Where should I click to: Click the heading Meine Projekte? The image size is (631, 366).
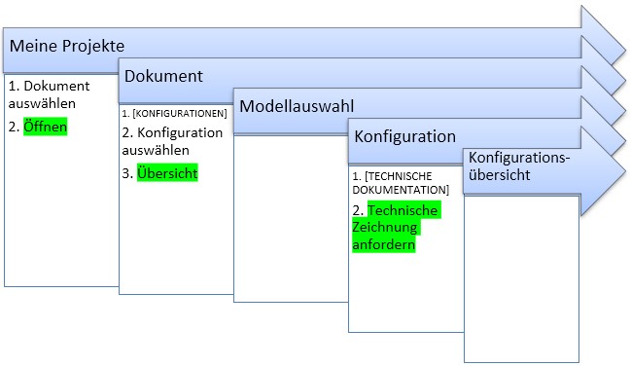click(x=67, y=46)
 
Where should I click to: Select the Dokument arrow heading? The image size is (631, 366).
click(x=163, y=76)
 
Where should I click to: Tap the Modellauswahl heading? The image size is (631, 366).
click(x=297, y=106)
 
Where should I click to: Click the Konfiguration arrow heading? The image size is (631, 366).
click(x=404, y=137)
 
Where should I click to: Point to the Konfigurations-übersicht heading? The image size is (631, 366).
click(x=519, y=166)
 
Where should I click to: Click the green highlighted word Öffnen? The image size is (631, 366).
click(x=45, y=127)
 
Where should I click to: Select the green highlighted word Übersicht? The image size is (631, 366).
click(x=167, y=173)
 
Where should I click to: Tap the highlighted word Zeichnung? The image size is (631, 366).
click(x=385, y=228)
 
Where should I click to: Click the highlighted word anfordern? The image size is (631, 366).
click(x=383, y=244)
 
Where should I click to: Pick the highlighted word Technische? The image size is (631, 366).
click(x=403, y=210)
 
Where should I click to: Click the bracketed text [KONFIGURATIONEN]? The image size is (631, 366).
click(x=180, y=114)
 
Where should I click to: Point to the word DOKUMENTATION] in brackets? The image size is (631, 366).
click(x=401, y=190)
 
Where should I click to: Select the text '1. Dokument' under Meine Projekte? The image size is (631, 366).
click(x=49, y=86)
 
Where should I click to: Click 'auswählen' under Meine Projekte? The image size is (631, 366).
click(x=42, y=103)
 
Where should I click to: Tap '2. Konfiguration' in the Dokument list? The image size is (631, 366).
click(x=172, y=132)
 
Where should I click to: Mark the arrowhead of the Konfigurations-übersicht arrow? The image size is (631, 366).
click(x=603, y=172)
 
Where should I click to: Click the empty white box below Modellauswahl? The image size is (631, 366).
click(x=291, y=219)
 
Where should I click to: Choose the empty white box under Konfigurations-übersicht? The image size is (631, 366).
click(x=521, y=279)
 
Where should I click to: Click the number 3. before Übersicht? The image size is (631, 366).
click(x=127, y=173)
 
